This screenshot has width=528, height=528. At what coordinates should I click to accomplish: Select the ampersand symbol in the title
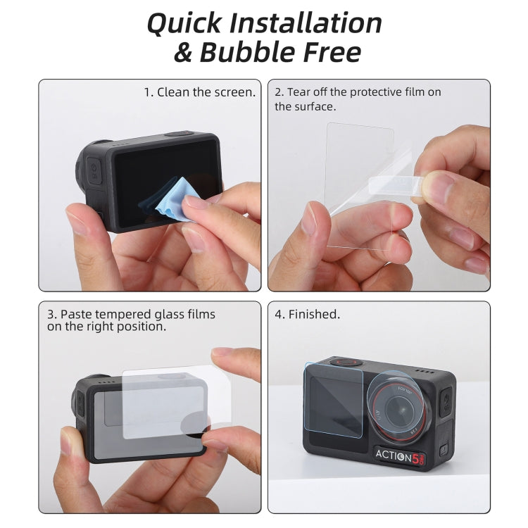(x=182, y=52)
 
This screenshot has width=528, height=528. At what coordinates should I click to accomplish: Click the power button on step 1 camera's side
(x=93, y=170)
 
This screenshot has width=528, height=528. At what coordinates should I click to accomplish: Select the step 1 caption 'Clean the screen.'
(x=199, y=92)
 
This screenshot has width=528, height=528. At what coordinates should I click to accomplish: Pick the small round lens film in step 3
(x=194, y=422)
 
